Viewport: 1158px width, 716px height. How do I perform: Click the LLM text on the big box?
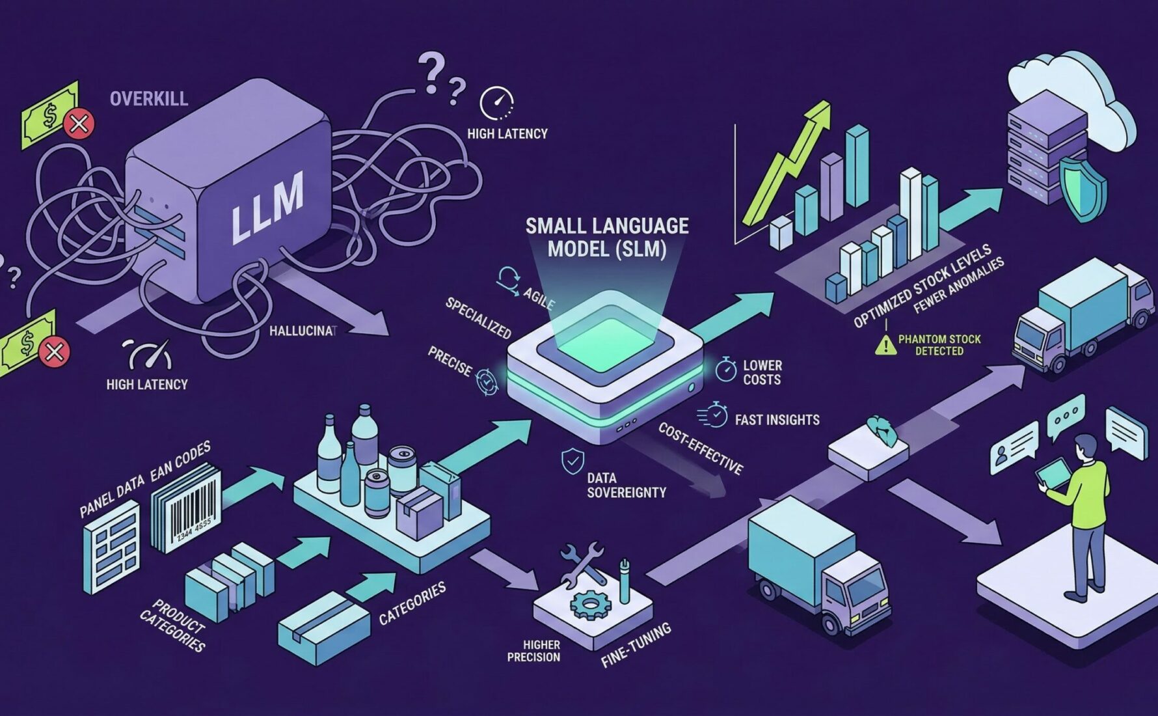267,207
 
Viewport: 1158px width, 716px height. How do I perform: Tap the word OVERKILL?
149,99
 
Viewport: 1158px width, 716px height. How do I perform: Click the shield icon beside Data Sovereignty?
572,460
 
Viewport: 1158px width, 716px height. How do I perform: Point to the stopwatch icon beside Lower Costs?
725,369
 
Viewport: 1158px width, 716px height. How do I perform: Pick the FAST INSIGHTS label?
777,420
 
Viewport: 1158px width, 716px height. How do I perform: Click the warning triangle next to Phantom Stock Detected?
885,344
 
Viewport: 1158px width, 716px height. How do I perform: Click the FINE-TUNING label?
636,644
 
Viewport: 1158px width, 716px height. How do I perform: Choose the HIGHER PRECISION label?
533,651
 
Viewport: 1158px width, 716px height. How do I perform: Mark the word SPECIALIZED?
478,317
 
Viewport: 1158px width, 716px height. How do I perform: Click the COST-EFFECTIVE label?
700,448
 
